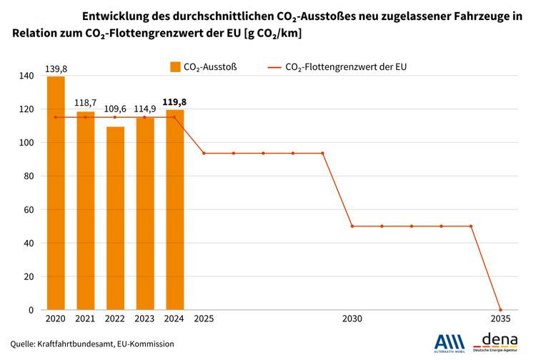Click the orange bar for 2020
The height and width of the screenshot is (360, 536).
pyautogui.click(x=56, y=193)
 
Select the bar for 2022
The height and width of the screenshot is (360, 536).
pyautogui.click(x=115, y=218)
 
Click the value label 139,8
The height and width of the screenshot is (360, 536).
pyautogui.click(x=56, y=69)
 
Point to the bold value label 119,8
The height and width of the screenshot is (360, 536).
pyautogui.click(x=175, y=102)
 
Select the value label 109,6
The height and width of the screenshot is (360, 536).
pyautogui.click(x=115, y=109)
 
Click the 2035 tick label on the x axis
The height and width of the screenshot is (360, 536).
pyautogui.click(x=500, y=319)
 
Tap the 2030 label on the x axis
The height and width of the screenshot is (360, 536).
pyautogui.click(x=352, y=319)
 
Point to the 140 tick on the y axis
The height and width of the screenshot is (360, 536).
pyautogui.click(x=27, y=76)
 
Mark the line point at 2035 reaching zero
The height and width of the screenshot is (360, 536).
pyautogui.click(x=500, y=310)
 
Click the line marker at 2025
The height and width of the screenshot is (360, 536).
pyautogui.click(x=204, y=153)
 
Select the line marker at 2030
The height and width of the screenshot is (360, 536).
pyautogui.click(x=352, y=226)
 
